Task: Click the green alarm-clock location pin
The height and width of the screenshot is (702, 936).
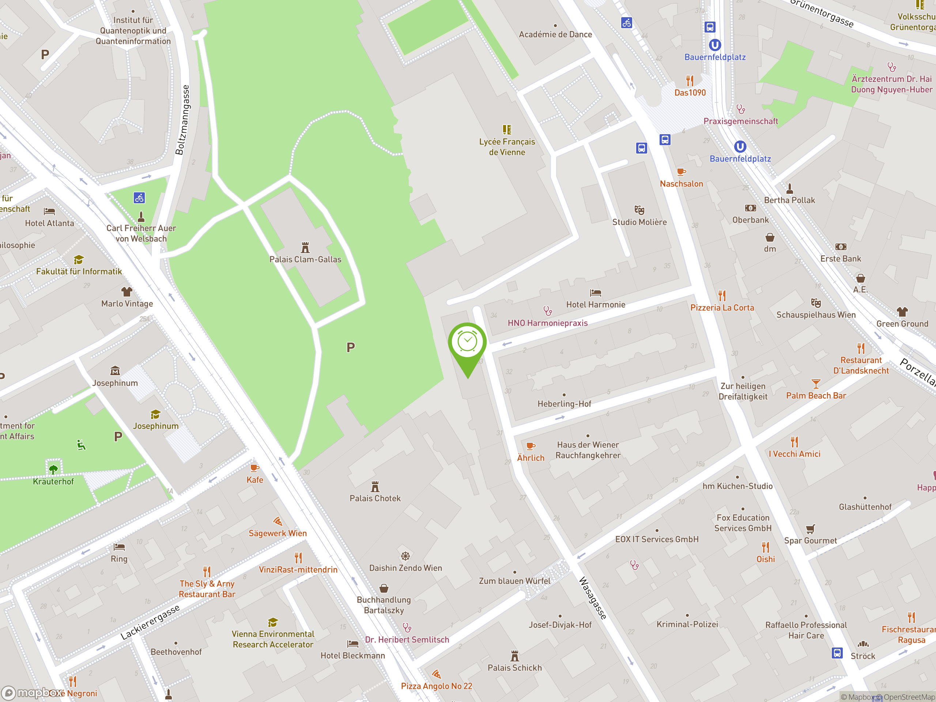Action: pyautogui.click(x=468, y=343)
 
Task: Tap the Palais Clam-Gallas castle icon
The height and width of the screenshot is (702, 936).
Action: pyautogui.click(x=305, y=247)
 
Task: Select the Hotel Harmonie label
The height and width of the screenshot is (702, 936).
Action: pyautogui.click(x=595, y=305)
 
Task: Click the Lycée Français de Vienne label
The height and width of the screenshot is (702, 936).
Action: pyautogui.click(x=507, y=147)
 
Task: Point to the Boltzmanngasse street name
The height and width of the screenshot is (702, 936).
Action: pyautogui.click(x=182, y=120)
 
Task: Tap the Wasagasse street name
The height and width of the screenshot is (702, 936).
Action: pyautogui.click(x=593, y=597)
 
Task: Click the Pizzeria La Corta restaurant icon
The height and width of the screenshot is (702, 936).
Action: pyautogui.click(x=722, y=295)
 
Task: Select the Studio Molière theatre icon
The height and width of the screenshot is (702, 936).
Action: pyautogui.click(x=639, y=210)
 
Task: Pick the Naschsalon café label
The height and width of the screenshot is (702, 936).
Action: pyautogui.click(x=681, y=184)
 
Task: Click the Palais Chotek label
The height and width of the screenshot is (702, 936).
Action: pyautogui.click(x=375, y=498)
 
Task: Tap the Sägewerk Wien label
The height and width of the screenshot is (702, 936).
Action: pyautogui.click(x=278, y=533)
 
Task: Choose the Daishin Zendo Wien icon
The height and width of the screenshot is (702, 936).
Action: pyautogui.click(x=405, y=556)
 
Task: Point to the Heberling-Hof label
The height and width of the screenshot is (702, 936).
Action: pyautogui.click(x=564, y=404)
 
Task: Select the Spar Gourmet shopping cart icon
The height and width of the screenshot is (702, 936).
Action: pyautogui.click(x=810, y=529)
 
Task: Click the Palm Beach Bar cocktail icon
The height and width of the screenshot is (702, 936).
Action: pyautogui.click(x=816, y=384)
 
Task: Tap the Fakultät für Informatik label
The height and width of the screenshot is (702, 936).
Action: pyautogui.click(x=79, y=272)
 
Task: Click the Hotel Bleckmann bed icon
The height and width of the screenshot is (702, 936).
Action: pyautogui.click(x=352, y=644)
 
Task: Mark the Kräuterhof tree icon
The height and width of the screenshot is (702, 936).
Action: pyautogui.click(x=53, y=469)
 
